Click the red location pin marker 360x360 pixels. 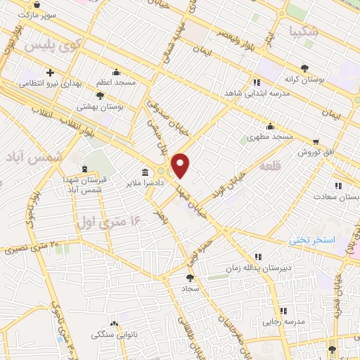pyautogui.click(x=181, y=165)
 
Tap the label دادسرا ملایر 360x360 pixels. pyautogui.click(x=164, y=182)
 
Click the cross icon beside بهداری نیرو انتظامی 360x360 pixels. pyautogui.click(x=51, y=72)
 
